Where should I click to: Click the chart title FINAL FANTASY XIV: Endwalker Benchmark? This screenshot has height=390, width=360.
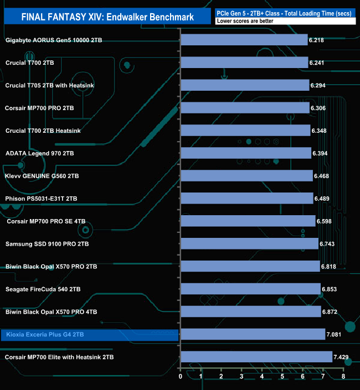point(107,17)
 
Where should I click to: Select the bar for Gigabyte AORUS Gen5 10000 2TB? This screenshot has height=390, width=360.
point(244,40)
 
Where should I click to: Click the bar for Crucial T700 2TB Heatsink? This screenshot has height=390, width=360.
point(245,131)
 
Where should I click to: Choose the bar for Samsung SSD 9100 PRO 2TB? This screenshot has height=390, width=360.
point(250,244)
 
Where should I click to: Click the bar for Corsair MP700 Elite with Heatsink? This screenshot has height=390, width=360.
point(256,357)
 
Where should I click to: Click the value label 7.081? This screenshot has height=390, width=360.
point(336,334)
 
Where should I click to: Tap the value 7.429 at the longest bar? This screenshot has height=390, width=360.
point(343,357)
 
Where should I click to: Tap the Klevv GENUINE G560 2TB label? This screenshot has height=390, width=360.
point(42,176)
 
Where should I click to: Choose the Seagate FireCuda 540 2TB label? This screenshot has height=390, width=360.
point(43,289)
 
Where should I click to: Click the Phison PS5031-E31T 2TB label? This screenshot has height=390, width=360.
point(41,199)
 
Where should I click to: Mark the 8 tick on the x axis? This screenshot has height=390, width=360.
point(343,377)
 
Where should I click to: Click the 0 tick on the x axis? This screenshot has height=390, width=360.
point(181,377)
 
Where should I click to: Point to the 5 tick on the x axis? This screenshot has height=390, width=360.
point(282,377)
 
